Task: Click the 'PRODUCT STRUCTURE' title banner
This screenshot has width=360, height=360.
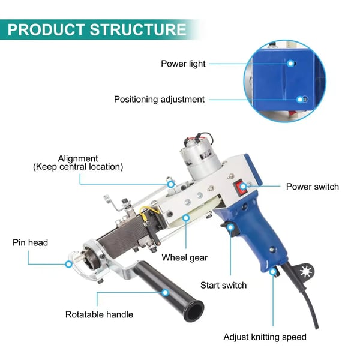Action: tap(97, 29)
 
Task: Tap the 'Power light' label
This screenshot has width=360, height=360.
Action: tap(183, 64)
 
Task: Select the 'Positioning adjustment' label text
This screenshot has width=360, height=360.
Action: tap(159, 100)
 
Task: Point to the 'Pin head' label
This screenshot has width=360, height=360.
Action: tap(31, 242)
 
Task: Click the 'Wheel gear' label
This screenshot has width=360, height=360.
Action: tap(185, 257)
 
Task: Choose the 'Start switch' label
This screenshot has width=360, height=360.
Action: tap(223, 285)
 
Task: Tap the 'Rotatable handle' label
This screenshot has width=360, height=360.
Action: tap(99, 314)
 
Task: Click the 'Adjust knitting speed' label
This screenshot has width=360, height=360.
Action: tap(265, 337)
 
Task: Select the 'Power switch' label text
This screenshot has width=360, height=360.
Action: tap(313, 187)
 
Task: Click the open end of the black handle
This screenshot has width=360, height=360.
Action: tap(194, 311)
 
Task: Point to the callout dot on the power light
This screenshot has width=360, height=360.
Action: tap(290, 64)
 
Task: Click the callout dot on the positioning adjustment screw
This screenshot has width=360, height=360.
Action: tap(300, 100)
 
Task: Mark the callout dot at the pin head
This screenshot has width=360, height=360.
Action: tap(68, 264)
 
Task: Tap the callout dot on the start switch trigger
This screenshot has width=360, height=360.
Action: tap(230, 227)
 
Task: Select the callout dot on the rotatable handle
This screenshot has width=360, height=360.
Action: tap(165, 293)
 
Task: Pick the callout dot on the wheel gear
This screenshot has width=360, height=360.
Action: tap(186, 218)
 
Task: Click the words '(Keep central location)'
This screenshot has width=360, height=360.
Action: tap(78, 167)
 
